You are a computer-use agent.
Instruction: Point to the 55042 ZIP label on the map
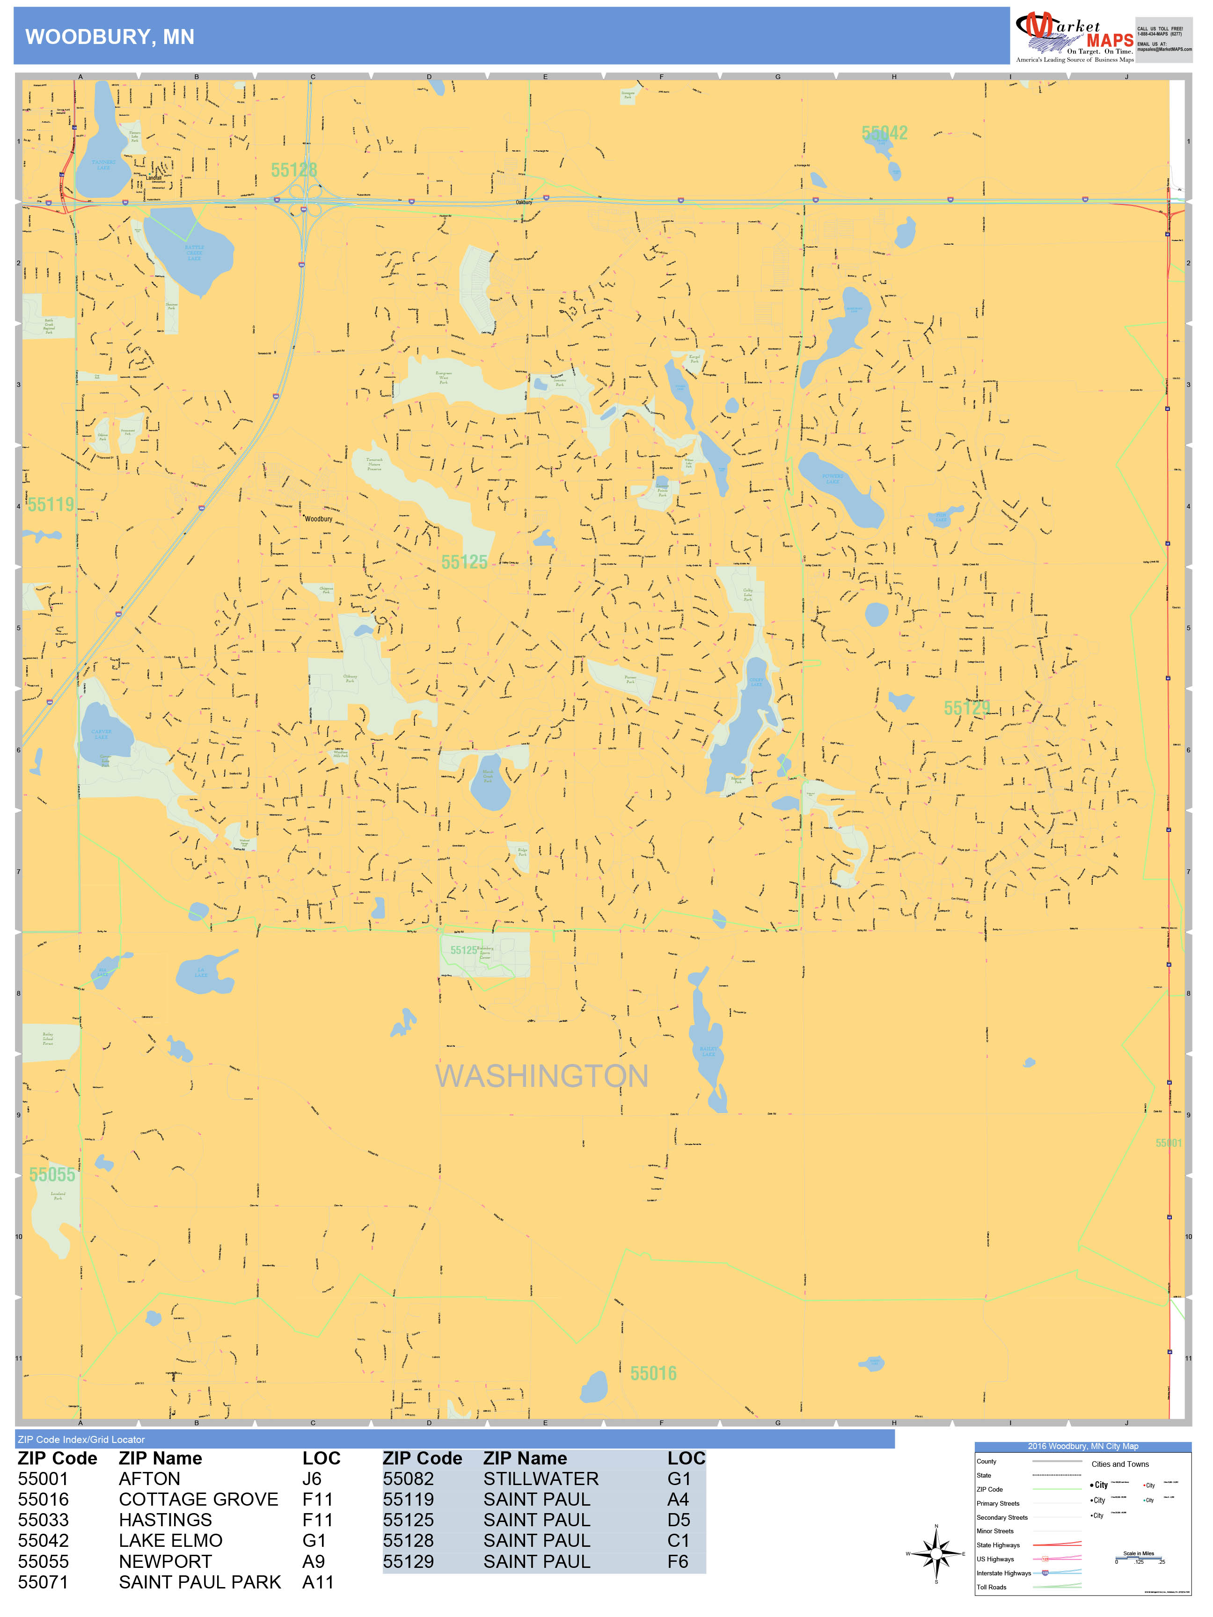884,133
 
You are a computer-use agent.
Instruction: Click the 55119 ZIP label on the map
51,504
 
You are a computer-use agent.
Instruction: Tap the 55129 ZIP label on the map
966,707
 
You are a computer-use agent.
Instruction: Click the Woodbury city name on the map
318,519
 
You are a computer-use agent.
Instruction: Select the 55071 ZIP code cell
43,1582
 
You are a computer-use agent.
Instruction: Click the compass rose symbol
936,1553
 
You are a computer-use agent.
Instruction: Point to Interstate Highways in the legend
1003,1573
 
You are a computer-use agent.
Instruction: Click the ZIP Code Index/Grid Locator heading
81,1439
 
